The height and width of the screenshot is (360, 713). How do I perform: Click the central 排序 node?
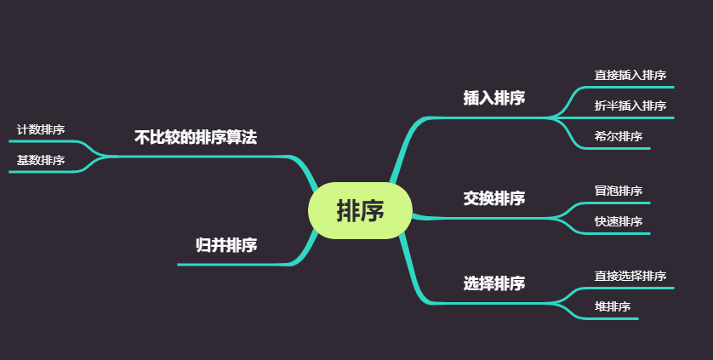(x=360, y=210)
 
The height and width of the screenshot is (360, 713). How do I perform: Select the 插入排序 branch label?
(x=493, y=98)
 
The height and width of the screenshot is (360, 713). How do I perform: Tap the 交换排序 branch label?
(x=493, y=198)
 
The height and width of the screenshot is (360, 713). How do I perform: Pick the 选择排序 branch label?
(x=493, y=283)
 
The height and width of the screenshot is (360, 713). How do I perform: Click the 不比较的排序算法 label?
(x=196, y=137)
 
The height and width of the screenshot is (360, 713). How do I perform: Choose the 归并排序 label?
(x=226, y=246)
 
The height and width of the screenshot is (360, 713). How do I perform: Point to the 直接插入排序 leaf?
(x=630, y=75)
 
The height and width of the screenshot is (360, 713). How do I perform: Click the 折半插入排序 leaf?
(x=630, y=106)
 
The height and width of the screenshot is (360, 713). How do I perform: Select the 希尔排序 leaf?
(x=618, y=136)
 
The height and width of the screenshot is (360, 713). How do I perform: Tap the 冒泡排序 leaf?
(x=618, y=191)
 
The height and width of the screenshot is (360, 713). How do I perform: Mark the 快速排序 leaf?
(x=618, y=221)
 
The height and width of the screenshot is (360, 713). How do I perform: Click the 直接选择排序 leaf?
(x=630, y=276)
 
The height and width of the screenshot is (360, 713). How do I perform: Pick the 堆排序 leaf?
(x=612, y=306)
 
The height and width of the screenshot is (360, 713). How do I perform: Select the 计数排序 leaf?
(x=41, y=129)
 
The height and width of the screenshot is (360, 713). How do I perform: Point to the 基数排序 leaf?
(x=41, y=160)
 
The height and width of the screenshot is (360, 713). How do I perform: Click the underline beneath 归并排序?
(x=230, y=265)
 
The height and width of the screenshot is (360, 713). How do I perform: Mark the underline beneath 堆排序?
(x=613, y=318)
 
